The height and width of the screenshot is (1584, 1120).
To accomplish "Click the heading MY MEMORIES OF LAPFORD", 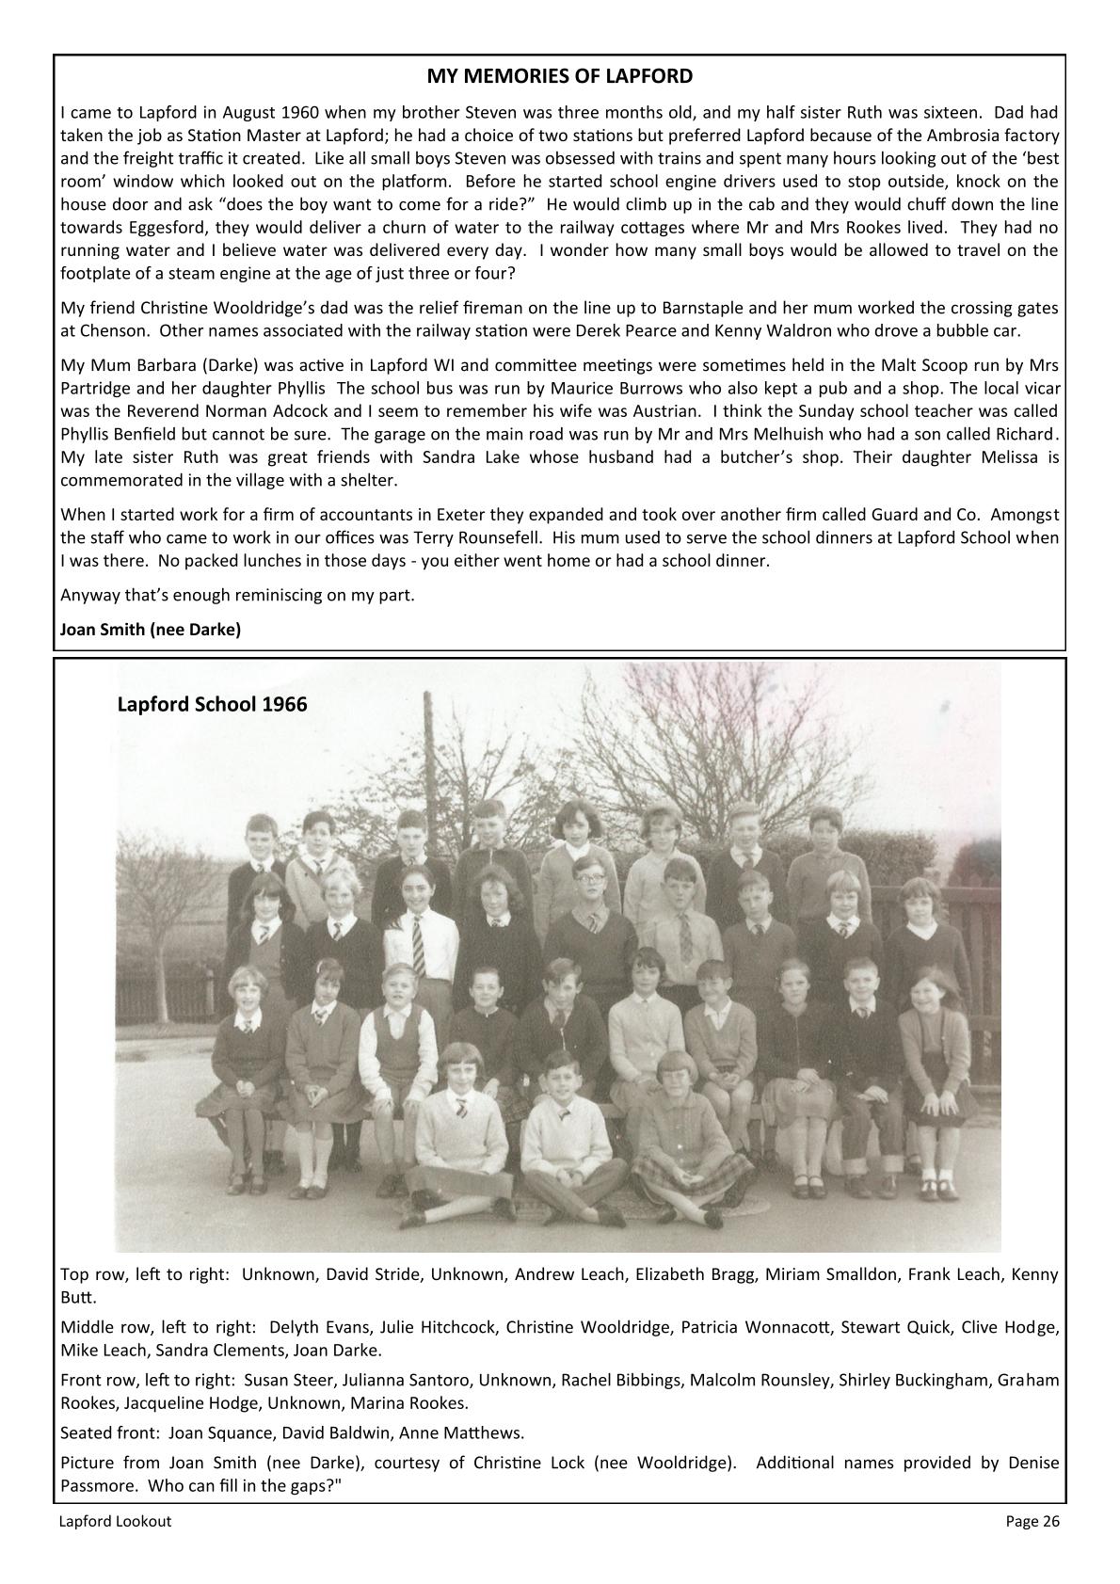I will pos(560,76).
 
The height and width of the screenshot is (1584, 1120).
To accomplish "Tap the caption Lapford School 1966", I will pos(212,704).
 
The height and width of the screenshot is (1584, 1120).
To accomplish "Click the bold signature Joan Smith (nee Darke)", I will pos(151,630).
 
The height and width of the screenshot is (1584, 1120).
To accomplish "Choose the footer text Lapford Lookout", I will pos(116,1521).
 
